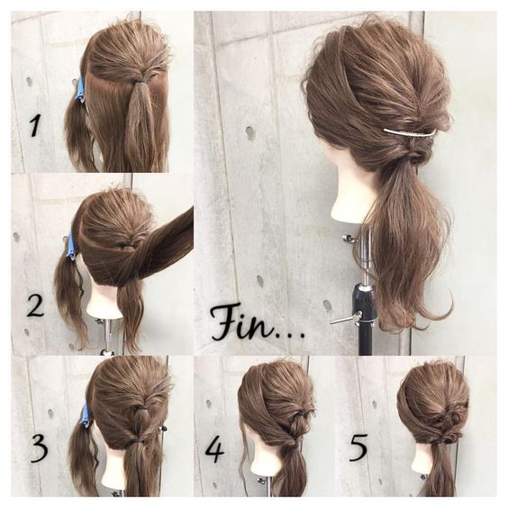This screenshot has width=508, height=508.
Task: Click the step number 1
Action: tap(35, 126)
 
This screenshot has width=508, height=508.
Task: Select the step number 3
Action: tap(39, 448)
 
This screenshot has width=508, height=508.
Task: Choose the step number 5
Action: tap(358, 448)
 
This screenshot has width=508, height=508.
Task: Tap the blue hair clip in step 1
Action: tap(80, 88)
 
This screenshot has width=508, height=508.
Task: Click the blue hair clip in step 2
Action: tap(71, 245)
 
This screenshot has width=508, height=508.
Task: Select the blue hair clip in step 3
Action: tap(86, 415)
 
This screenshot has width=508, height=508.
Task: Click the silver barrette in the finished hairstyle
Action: tap(410, 132)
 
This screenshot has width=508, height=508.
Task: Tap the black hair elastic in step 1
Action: tap(140, 83)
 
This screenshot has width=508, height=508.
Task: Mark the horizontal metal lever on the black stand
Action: tap(344, 319)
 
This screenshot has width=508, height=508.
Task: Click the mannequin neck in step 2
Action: tap(103, 302)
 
